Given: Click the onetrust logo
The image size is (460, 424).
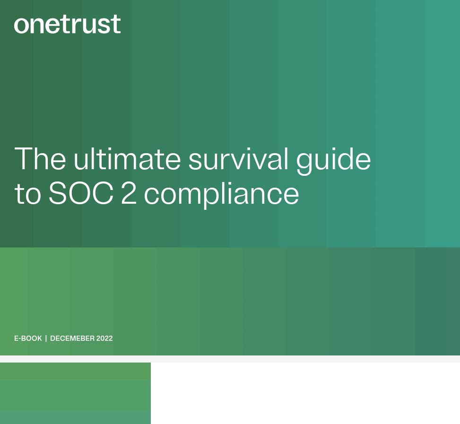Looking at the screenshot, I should [67, 25].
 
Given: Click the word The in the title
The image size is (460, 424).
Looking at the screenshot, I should [40, 159].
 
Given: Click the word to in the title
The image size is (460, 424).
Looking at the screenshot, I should [27, 194].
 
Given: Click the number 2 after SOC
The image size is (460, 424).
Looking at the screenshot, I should [129, 193].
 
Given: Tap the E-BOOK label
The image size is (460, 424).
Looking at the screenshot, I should [28, 338].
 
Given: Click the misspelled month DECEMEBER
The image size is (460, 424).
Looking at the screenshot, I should [72, 338].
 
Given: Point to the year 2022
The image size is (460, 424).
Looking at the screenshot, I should [104, 338].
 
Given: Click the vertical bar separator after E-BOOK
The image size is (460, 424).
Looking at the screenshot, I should [46, 338].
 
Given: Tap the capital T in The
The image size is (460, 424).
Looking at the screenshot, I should [24, 159].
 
